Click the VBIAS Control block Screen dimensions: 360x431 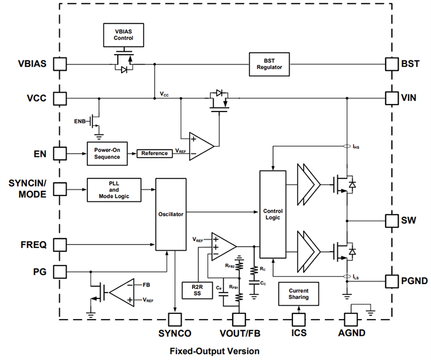click(123, 34)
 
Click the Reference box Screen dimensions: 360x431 click(155, 153)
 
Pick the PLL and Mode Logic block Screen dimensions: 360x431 click(114, 189)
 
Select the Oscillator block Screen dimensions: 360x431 click(171, 214)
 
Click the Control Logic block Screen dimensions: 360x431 click(272, 214)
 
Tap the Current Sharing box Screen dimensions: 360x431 click(298, 294)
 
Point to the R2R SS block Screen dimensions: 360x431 click(197, 290)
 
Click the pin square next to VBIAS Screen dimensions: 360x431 click(59, 63)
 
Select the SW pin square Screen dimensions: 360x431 click(391, 221)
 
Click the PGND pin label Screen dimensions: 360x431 click(413, 281)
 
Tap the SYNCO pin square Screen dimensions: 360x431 click(174, 319)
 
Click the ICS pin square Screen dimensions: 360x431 click(298, 319)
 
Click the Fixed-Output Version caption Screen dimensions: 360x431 click(214, 351)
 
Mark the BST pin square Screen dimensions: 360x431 click(391, 63)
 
